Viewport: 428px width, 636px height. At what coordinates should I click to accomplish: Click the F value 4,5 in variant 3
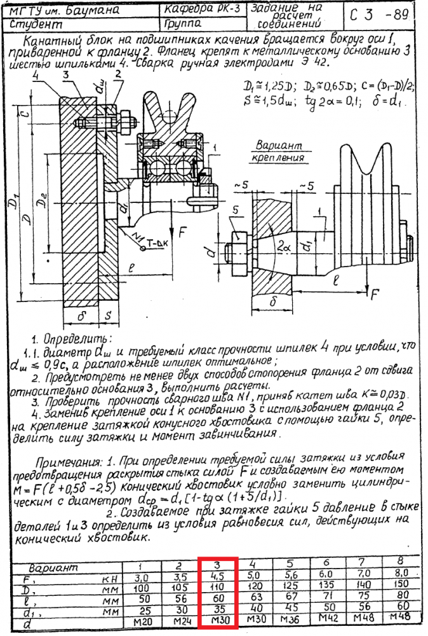pos(217,578)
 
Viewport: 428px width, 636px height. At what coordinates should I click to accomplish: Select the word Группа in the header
pos(183,24)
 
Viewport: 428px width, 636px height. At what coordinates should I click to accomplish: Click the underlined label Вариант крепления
pos(278,151)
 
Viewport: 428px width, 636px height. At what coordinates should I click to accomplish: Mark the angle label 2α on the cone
pos(283,245)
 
